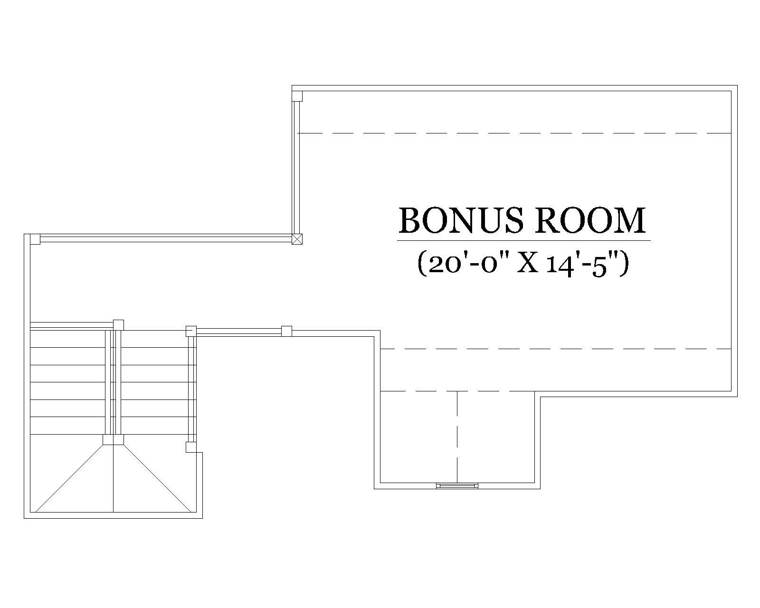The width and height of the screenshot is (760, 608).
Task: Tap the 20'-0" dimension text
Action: coord(465,264)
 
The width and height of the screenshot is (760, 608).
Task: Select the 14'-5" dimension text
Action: coord(588,264)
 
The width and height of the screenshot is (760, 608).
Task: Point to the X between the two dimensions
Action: coord(527,265)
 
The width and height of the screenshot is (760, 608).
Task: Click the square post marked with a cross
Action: coord(296,239)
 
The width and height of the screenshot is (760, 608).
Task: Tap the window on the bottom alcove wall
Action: coord(457,485)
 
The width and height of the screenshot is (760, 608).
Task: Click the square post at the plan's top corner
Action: coord(297,96)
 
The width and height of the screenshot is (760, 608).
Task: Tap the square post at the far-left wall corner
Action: coord(35,239)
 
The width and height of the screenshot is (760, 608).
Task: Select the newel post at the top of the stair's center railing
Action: coord(118,325)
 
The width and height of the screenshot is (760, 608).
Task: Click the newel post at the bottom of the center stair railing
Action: coord(114,439)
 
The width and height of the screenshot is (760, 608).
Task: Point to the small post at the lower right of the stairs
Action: coord(190,447)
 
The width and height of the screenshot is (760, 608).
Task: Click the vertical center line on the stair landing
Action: coord(114,477)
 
